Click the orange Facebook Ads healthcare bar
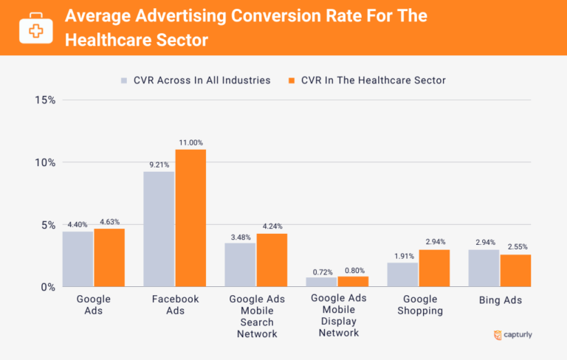[x=190, y=218]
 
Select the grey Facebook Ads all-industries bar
[x=159, y=229]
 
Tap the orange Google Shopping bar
[x=433, y=268]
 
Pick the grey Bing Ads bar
[x=484, y=268]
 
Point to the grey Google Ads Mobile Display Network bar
[x=321, y=282]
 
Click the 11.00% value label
[x=190, y=142]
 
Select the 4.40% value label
[x=78, y=224]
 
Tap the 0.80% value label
[x=352, y=269]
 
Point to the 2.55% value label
[x=515, y=246]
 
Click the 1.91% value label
[x=402, y=255]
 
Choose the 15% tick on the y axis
[x=45, y=100]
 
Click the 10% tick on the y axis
[x=45, y=162]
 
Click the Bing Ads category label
[x=500, y=300]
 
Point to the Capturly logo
[x=512, y=335]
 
